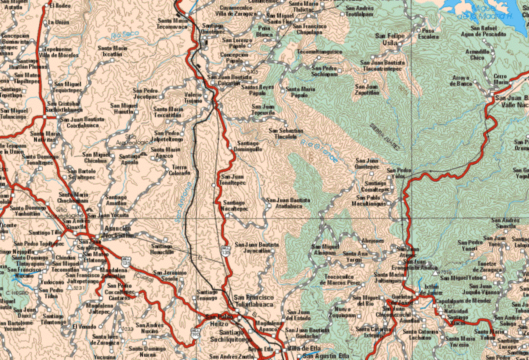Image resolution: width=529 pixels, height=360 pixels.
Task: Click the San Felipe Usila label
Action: click(389, 39)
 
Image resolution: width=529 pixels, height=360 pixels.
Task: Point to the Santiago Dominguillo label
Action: click(248, 146)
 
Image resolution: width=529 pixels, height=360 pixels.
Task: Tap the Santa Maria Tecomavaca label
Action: click(172, 23)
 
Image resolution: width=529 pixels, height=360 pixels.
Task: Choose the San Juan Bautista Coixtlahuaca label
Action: click(82, 122)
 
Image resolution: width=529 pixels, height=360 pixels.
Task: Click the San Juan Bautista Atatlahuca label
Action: click(289, 202)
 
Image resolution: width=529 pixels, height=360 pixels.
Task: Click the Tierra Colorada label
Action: click(180, 170)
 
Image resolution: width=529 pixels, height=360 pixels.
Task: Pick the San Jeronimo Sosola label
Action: click(170, 274)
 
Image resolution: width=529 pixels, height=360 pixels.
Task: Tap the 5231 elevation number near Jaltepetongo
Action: click(78, 288)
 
